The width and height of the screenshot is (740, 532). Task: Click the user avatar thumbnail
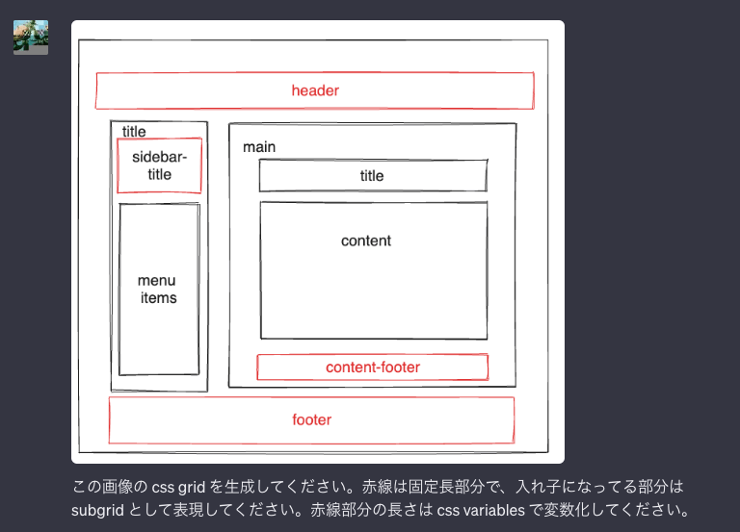[x=31, y=38]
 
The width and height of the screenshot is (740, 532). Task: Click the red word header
[x=315, y=90]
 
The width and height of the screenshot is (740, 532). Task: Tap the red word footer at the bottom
[x=311, y=419]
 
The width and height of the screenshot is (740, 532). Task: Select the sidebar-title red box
[x=159, y=165]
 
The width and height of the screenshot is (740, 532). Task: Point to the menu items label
[x=158, y=289]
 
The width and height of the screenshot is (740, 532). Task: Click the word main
[x=259, y=146]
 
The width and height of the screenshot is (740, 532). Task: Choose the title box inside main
[x=372, y=175]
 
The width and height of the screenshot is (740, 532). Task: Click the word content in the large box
[x=366, y=241]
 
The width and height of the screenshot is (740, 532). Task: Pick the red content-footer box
[x=373, y=367]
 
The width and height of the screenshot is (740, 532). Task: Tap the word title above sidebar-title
[x=134, y=132]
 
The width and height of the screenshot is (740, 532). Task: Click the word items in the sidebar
[x=159, y=297]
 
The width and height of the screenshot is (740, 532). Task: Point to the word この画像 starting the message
[x=99, y=487]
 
